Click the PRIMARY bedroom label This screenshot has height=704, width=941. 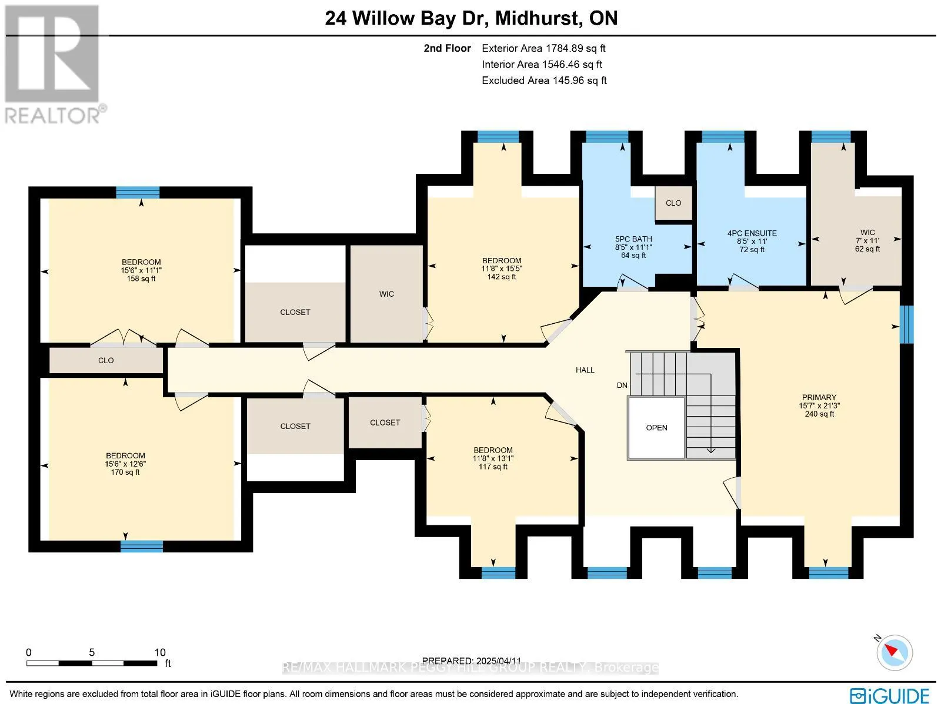coord(819,405)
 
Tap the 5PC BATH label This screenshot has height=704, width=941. coord(633,247)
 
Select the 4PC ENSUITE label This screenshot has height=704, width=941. coord(752,241)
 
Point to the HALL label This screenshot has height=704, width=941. coord(585,370)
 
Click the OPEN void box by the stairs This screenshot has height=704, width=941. coord(656,427)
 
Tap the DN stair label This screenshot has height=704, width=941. coord(622,385)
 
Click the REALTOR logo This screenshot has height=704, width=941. coord(55,64)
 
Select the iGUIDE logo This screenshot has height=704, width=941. coord(890,695)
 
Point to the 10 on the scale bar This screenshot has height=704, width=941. coord(160,652)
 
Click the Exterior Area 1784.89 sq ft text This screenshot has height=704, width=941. coord(543,48)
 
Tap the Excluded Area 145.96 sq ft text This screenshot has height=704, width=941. coord(544,81)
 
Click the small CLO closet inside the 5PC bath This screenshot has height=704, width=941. coord(673,203)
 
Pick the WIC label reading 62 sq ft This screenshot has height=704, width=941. coord(867,241)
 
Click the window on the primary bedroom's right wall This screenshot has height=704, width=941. coord(906,324)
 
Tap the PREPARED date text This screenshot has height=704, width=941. coord(472,661)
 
